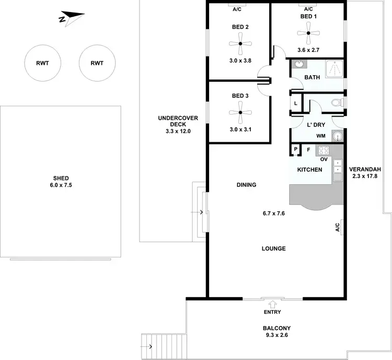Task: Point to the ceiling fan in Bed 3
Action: (239, 113)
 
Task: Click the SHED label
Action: (61, 178)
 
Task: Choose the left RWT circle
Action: (42, 63)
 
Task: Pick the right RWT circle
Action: (97, 63)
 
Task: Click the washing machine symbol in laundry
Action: (338, 137)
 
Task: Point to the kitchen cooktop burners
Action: (324, 150)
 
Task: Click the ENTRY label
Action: (272, 312)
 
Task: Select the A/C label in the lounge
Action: (338, 227)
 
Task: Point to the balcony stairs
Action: (148, 346)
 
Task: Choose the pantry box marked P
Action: (295, 150)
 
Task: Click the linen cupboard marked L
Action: (296, 104)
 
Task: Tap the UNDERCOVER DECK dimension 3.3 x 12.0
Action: (178, 131)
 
